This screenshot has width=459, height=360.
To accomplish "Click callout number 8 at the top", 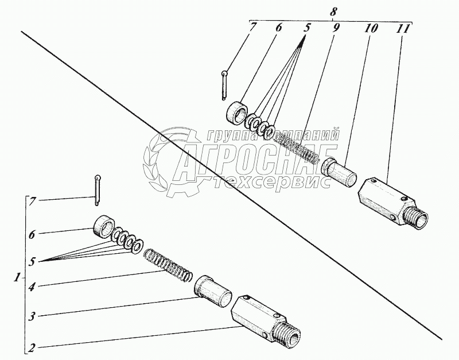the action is coord(333,12).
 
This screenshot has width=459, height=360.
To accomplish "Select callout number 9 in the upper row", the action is coord(336,28).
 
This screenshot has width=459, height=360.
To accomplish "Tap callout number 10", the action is coord(371,28).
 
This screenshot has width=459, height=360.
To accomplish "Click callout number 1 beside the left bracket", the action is coord(18,277).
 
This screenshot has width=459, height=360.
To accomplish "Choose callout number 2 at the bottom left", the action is coord(33,349).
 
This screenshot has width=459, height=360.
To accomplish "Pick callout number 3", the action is coord(32,316).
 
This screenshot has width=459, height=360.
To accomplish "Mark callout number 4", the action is coord(32,286).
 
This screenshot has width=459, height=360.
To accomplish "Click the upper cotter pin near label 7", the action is coord(224,85).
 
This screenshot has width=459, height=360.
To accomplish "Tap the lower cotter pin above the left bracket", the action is coord(98,190).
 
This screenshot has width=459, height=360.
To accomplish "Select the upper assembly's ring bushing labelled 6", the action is coord(237,112).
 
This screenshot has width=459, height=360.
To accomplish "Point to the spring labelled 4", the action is coord(168,265).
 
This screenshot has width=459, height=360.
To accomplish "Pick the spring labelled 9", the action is coord(295,148).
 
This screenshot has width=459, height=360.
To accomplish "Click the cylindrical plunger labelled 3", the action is coord(213,291).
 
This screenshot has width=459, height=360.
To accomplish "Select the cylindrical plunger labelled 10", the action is coord(339,172).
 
